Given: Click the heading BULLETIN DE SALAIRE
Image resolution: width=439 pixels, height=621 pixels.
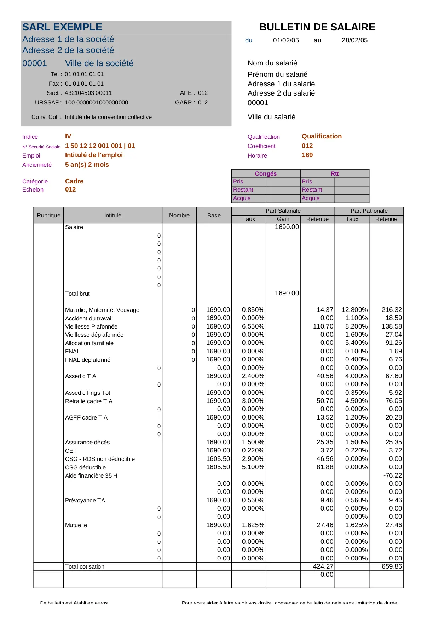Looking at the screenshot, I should pyautogui.click(x=317, y=27).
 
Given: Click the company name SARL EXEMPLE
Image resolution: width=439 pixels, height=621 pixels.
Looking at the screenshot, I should pyautogui.click(x=62, y=27).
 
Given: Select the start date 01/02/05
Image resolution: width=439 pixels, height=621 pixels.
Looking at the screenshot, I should pyautogui.click(x=286, y=40).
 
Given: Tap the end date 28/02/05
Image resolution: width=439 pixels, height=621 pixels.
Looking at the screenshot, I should pyautogui.click(x=354, y=40).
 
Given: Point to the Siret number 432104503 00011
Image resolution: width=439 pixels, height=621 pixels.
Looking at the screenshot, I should pyautogui.click(x=88, y=93).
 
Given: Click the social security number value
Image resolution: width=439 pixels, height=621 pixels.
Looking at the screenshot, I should pyautogui.click(x=100, y=146).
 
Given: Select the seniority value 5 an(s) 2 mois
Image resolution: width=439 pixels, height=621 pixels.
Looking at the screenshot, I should pyautogui.click(x=87, y=165).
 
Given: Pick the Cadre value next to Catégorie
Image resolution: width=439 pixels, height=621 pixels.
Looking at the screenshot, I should pyautogui.click(x=74, y=181).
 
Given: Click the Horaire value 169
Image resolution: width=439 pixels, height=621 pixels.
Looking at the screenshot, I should pyautogui.click(x=307, y=155).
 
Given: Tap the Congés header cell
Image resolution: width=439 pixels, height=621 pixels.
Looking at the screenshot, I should pyautogui.click(x=266, y=173).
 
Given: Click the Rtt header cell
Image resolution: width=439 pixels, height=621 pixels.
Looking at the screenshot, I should pyautogui.click(x=335, y=173).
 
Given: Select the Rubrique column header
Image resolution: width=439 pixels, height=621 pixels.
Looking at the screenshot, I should pyautogui.click(x=48, y=215).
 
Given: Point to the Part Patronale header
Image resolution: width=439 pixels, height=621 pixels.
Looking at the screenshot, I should pyautogui.click(x=369, y=211).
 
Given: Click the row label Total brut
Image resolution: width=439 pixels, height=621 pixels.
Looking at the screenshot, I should pyautogui.click(x=77, y=294).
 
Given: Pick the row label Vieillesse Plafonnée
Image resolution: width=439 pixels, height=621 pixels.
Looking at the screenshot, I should pyautogui.click(x=91, y=327).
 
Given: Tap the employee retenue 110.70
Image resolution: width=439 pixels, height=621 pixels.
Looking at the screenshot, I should pyautogui.click(x=323, y=326).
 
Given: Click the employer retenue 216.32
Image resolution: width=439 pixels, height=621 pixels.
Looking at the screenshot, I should pyautogui.click(x=392, y=310).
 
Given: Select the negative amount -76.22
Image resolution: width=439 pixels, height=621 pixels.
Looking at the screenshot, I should pyautogui.click(x=392, y=475).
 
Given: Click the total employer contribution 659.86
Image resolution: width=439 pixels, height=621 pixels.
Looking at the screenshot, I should pyautogui.click(x=392, y=566).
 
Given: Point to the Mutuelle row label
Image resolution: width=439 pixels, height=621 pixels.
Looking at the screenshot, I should pyautogui.click(x=76, y=525).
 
